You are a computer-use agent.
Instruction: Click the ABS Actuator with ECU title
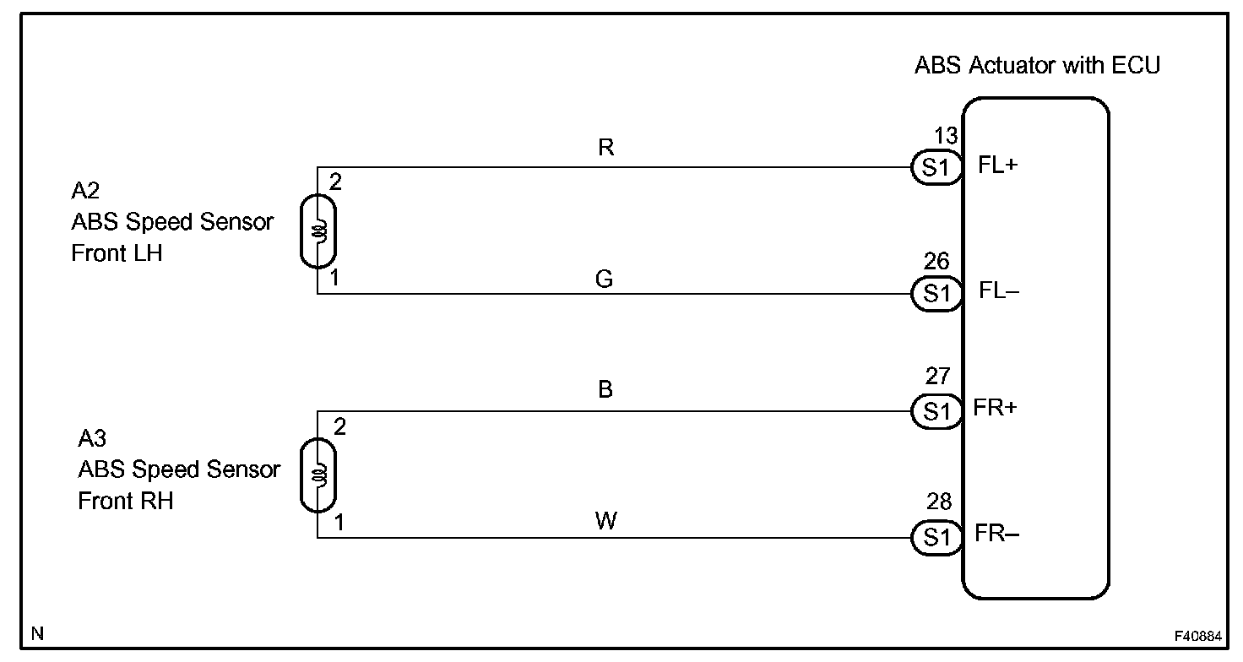pos(1037,65)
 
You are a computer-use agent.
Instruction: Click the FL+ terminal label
pos(999,165)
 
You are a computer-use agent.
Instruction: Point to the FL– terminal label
pos(999,291)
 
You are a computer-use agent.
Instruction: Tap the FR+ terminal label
pos(997,409)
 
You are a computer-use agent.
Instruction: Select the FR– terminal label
pos(997,534)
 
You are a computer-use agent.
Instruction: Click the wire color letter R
pos(605,149)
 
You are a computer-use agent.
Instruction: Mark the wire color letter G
pos(604,279)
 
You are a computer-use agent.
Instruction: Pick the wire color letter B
pos(605,389)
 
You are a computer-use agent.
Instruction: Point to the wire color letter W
pos(605,521)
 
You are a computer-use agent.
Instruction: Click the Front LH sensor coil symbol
pos(318,231)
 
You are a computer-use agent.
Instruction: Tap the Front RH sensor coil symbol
pos(318,475)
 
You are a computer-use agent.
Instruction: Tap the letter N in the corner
pos(36,632)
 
